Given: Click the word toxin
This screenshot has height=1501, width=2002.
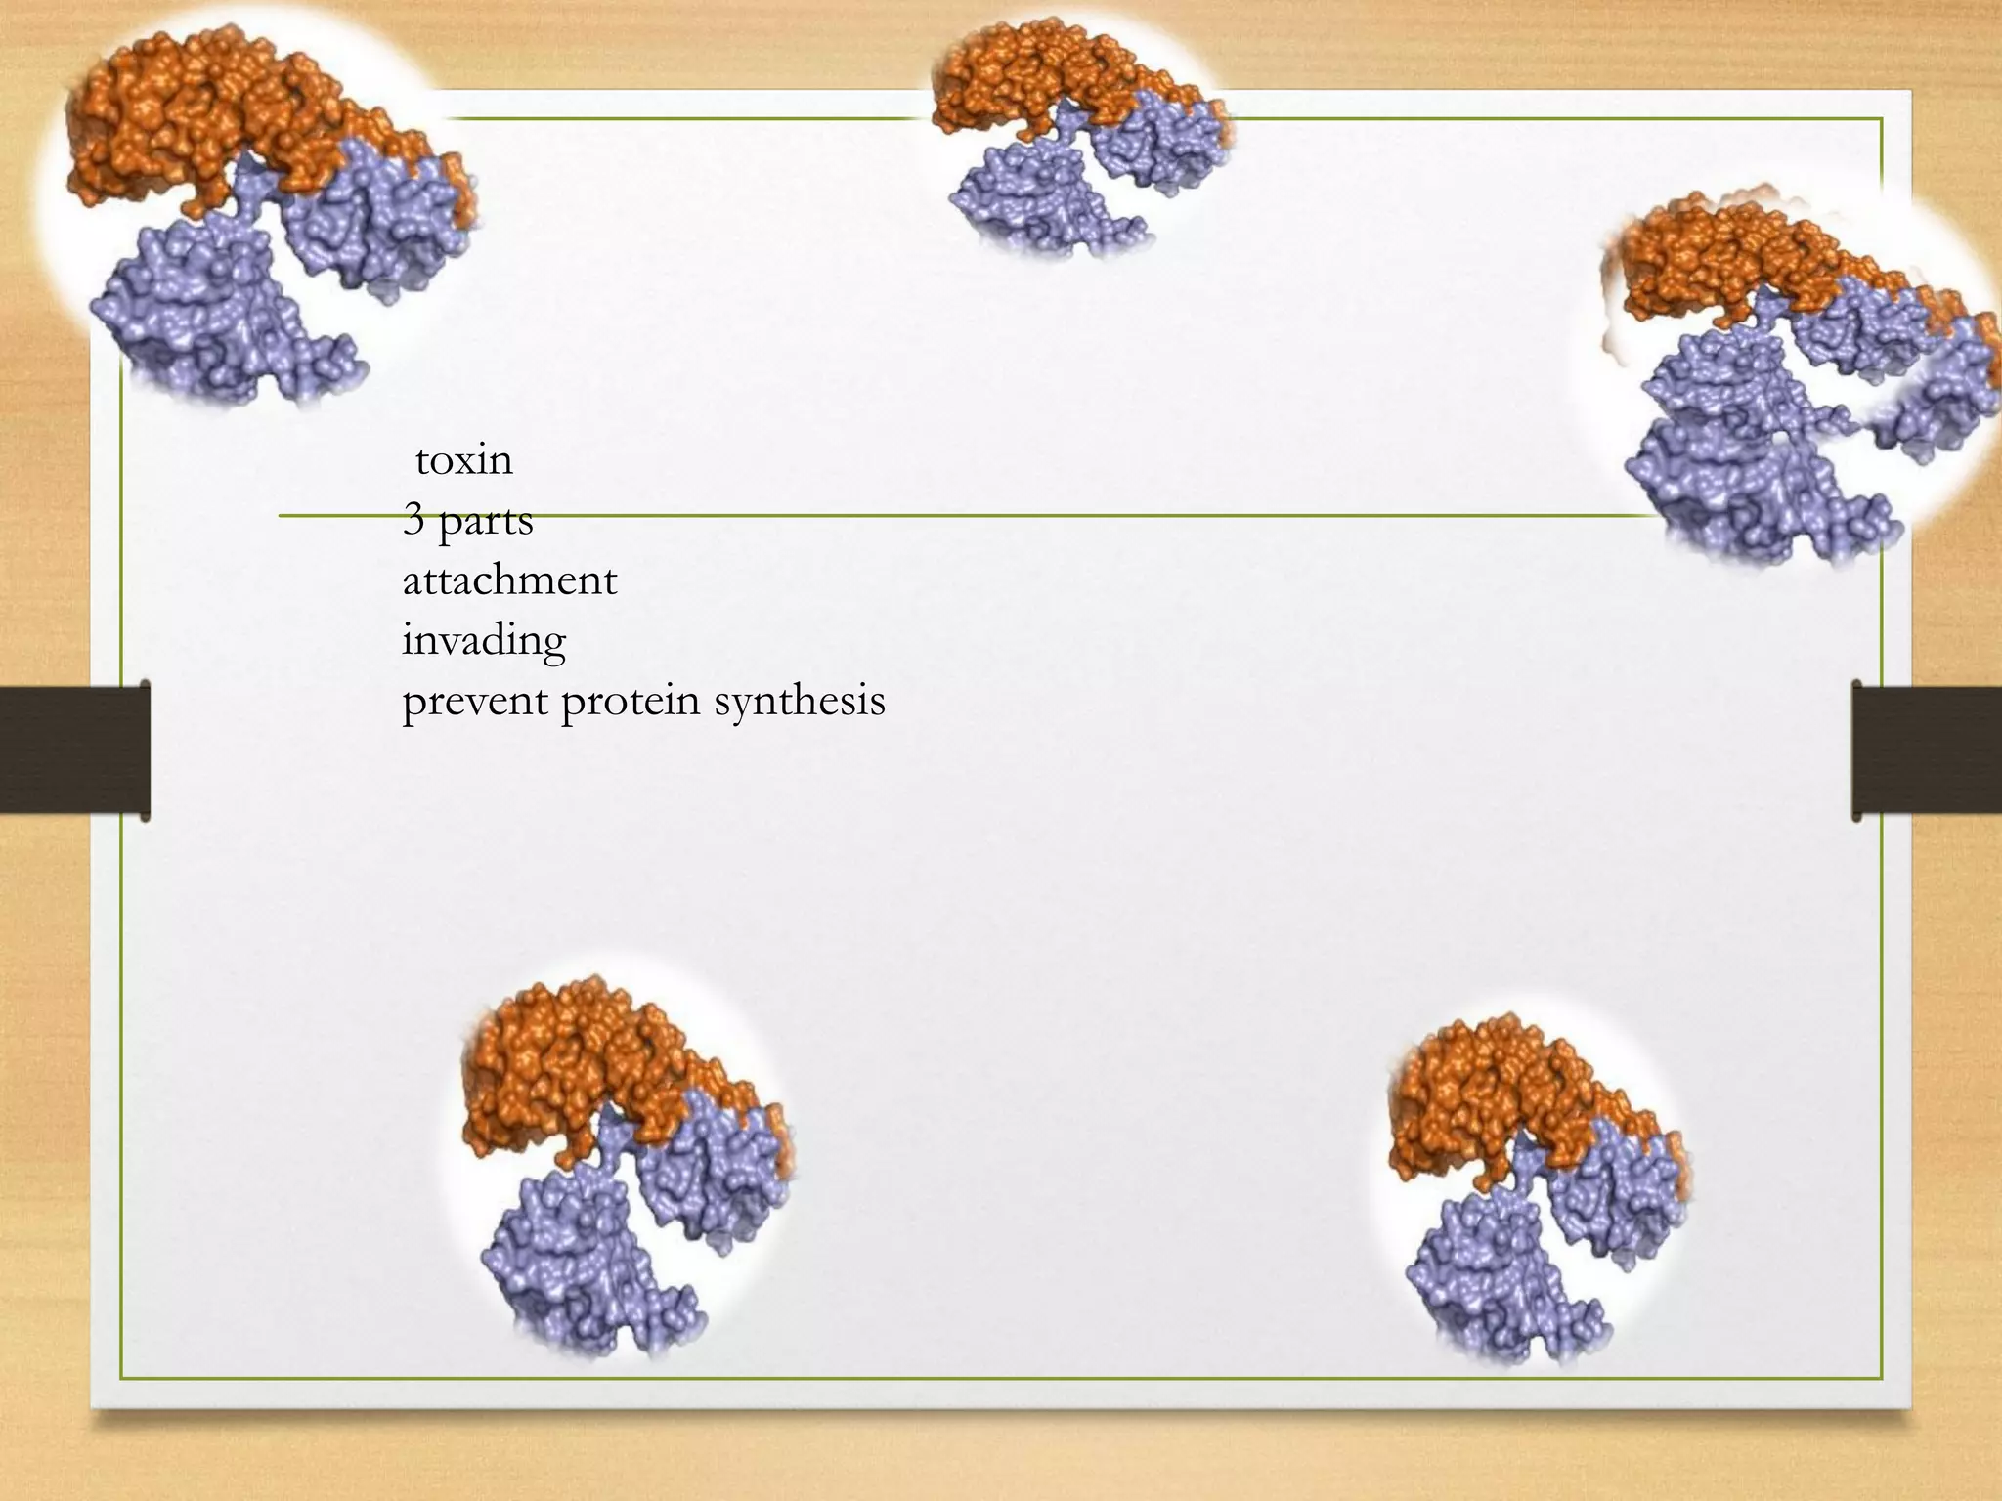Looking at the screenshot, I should (463, 460).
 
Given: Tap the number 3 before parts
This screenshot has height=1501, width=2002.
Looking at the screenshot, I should (413, 519).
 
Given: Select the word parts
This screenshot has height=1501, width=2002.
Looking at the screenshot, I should (486, 521).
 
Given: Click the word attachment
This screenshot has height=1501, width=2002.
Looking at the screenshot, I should (509, 580).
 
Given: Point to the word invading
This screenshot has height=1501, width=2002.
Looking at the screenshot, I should (484, 641).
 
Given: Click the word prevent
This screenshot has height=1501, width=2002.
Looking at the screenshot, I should (474, 702).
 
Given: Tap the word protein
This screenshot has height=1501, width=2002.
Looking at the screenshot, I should (631, 702).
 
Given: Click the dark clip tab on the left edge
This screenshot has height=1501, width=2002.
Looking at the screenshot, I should (74, 750).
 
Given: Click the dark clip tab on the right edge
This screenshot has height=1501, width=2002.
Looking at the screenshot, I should (1927, 750).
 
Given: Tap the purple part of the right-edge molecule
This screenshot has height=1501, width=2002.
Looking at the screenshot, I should (1740, 450).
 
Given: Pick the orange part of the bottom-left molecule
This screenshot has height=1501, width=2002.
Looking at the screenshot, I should (577, 1065).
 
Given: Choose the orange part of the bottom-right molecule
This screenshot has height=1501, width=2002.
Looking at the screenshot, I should (1496, 1094).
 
